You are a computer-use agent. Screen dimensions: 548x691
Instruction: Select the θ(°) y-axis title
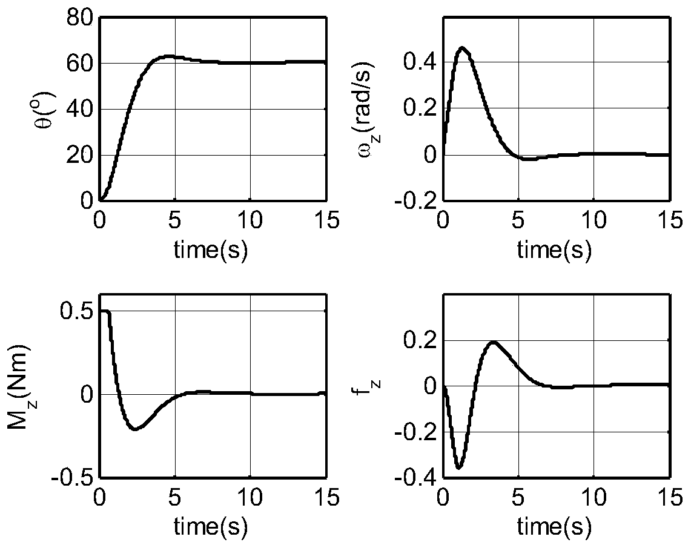51,110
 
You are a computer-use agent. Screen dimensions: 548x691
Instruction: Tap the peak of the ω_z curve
463,47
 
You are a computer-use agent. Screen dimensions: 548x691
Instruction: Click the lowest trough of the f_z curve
459,467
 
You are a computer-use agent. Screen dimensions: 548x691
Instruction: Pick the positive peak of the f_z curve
494,342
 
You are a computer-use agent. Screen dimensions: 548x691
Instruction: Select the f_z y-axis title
362,386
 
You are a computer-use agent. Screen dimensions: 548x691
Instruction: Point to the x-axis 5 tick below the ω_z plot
518,220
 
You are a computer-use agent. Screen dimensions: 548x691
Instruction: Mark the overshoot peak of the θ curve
167,56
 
